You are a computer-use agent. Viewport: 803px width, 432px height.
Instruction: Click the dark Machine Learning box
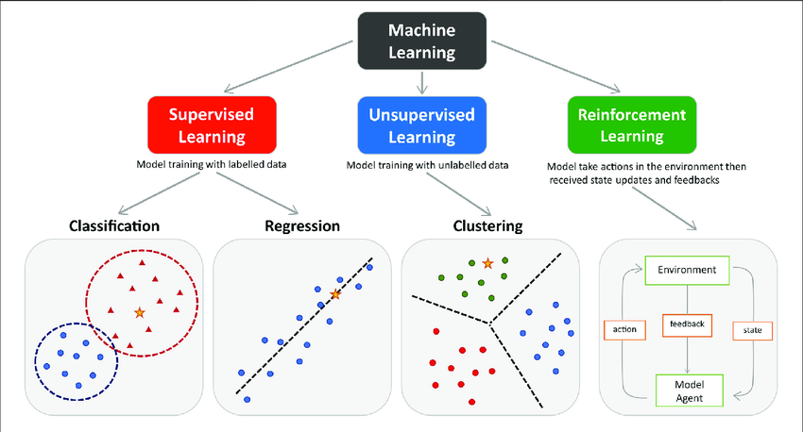pos(421,41)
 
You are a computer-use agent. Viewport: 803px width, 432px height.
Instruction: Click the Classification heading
pos(113,226)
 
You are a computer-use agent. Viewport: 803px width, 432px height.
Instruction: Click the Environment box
pos(687,272)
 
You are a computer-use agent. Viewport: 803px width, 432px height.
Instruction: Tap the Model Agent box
pos(688,389)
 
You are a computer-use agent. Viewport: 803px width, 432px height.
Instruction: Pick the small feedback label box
pos(686,325)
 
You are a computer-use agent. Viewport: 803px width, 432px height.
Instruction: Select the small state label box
pos(752,331)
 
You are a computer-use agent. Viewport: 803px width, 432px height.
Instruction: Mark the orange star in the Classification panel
pos(140,311)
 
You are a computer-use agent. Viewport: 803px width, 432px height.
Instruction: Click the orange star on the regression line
pos(335,295)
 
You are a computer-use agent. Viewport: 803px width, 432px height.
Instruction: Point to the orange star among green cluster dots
pos(487,264)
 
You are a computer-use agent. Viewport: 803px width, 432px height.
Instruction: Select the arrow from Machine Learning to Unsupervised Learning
pos(421,83)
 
